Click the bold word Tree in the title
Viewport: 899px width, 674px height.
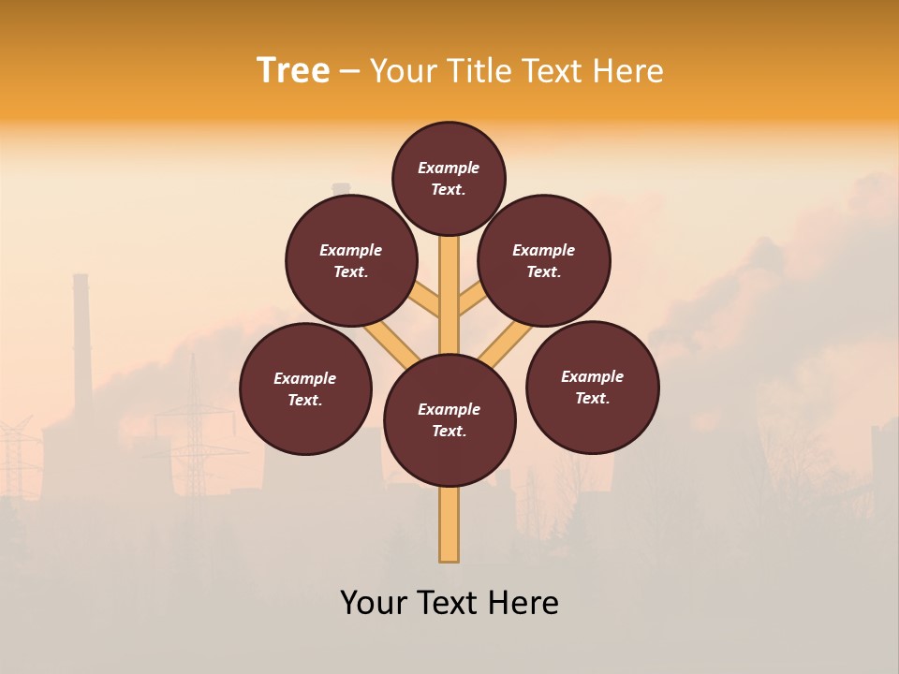293,70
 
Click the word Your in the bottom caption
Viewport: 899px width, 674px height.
375,603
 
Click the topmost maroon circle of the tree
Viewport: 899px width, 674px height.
449,178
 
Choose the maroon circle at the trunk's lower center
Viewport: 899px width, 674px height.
449,420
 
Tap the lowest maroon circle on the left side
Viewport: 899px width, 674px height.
305,388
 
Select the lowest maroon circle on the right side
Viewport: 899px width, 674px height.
592,387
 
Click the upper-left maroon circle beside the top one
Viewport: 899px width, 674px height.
351,260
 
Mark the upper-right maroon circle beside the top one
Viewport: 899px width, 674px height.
544,260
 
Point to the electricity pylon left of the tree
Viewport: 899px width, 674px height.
193,412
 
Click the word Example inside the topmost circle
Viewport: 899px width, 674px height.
449,168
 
